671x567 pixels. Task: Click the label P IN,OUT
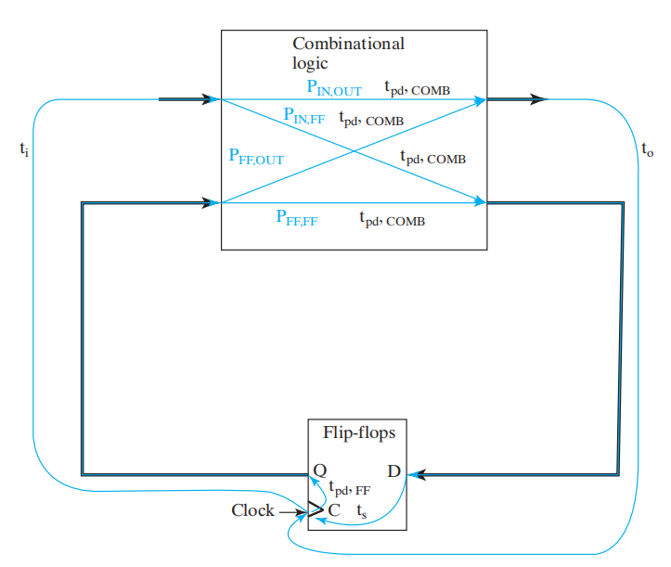tap(334, 89)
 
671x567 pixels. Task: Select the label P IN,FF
tap(304, 117)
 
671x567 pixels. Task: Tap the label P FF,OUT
tap(255, 157)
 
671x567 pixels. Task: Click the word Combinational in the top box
tap(348, 44)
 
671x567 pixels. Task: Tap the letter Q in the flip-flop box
tap(320, 470)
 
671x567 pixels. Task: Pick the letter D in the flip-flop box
tap(394, 471)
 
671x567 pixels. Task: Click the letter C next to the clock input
tap(334, 509)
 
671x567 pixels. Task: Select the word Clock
tap(252, 510)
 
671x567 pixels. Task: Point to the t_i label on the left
tap(24, 148)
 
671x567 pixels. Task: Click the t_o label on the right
tap(647, 148)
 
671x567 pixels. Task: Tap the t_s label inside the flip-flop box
tap(362, 510)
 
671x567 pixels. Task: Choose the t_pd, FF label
tap(355, 490)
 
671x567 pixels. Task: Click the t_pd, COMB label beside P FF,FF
tap(393, 220)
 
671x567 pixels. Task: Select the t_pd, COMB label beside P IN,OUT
tap(419, 89)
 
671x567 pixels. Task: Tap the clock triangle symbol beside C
tap(316, 509)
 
